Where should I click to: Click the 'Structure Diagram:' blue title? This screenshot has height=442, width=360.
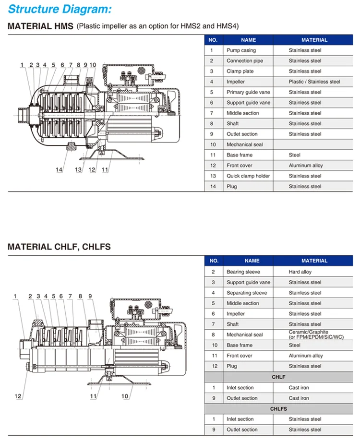click(x=60, y=9)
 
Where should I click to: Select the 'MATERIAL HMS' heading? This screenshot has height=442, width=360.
click(x=40, y=26)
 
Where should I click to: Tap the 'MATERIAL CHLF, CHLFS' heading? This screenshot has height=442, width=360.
click(x=59, y=247)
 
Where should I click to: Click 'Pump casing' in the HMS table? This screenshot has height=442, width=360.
click(x=241, y=50)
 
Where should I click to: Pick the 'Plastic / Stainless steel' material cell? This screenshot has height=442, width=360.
click(x=314, y=82)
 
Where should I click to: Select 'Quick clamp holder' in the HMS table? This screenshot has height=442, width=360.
click(x=248, y=176)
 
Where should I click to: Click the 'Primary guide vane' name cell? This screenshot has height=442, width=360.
click(x=248, y=92)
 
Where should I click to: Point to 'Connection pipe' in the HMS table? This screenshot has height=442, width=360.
click(x=245, y=61)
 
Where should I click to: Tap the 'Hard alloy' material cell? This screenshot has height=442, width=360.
click(x=300, y=272)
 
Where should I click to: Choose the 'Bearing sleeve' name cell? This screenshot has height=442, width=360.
click(x=243, y=272)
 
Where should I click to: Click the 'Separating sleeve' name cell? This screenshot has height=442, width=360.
click(x=247, y=293)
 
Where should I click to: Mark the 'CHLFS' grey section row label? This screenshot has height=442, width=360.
click(x=278, y=409)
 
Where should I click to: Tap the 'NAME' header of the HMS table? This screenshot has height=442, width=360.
click(x=248, y=40)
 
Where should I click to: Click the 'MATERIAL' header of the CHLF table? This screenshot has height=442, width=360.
click(x=314, y=261)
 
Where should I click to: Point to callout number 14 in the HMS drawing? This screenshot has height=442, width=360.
click(x=59, y=170)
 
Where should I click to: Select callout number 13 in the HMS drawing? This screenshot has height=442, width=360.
click(x=78, y=170)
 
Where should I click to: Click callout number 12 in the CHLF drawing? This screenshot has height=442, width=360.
click(x=18, y=396)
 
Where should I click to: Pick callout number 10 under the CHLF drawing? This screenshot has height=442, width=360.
click(x=125, y=396)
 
